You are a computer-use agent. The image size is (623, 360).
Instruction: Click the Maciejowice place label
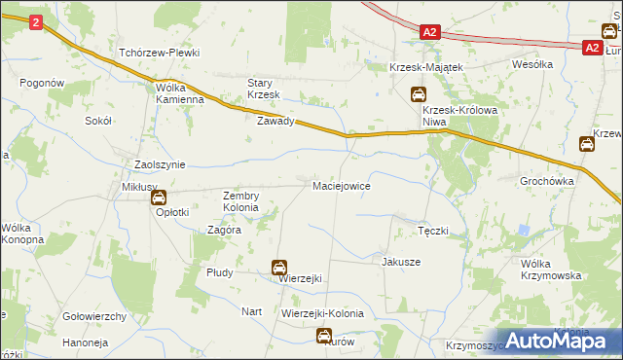point(341,185)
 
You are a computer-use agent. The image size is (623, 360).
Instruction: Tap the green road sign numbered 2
point(36,21)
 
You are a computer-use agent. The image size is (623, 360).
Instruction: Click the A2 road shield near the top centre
point(431,32)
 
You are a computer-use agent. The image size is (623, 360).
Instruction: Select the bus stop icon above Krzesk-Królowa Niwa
point(417,94)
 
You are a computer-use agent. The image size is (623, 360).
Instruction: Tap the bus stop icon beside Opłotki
point(159,198)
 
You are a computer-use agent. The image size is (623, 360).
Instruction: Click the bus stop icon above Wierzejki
point(279,267)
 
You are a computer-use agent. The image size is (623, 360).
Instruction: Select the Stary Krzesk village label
point(264,89)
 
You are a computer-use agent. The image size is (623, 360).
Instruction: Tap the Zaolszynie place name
point(160,165)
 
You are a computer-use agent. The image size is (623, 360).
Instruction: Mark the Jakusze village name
point(401,262)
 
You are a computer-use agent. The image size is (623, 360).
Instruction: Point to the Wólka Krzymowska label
point(551,270)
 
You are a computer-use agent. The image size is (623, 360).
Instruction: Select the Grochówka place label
point(546,181)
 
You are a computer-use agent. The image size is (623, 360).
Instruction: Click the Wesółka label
point(532,64)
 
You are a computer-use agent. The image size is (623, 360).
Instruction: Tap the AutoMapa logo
point(564,340)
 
